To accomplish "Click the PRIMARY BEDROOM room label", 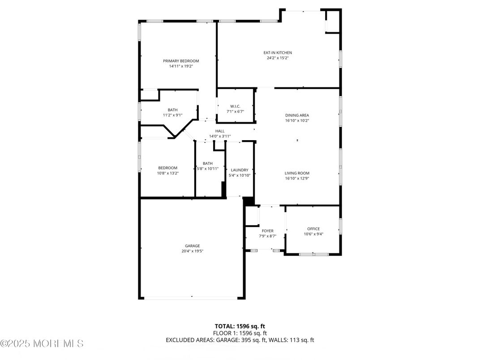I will click(181, 61).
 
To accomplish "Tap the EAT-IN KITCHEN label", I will click(277, 53).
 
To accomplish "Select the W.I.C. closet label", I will click(235, 106).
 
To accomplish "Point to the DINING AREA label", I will click(297, 115).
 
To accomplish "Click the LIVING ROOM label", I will click(297, 173).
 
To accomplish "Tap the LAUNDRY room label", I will click(240, 170).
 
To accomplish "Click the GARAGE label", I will click(193, 245).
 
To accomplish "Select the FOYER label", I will click(267, 231).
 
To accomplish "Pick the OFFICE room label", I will click(313, 229).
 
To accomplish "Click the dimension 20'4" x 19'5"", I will click(193, 251).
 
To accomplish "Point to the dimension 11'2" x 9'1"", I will click(173, 115).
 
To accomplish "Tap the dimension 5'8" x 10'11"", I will click(208, 169).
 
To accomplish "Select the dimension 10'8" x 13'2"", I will click(167, 173).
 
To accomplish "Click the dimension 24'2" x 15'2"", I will click(277, 58).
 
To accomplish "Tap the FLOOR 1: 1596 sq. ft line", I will click(240, 333).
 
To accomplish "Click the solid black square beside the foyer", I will click(249, 201).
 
